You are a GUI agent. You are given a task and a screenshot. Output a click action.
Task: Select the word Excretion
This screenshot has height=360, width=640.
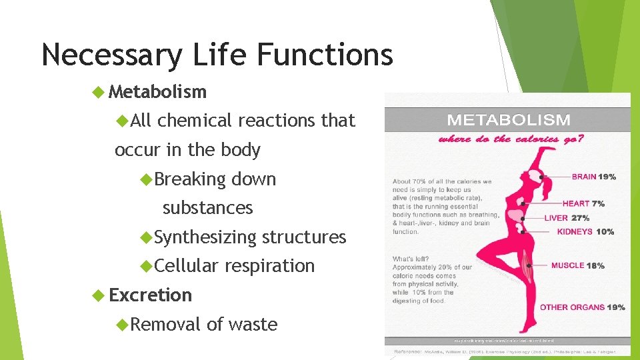(150, 295)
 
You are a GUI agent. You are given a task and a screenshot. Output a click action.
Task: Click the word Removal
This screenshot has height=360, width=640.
(166, 325)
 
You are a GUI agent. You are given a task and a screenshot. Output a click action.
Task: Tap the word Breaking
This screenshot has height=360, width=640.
(190, 179)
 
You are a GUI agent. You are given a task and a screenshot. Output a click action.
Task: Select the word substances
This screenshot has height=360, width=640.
(207, 208)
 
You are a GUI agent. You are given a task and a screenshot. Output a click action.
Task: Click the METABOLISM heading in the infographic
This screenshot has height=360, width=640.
(509, 121)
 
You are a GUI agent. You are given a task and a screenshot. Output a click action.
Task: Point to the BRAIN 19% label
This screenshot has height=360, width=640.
(593, 177)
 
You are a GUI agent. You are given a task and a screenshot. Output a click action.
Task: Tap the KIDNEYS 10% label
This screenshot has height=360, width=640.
(585, 232)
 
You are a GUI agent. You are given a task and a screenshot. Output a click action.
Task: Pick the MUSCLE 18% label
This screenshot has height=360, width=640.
(577, 265)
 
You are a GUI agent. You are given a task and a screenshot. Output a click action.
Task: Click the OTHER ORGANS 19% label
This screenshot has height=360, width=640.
(582, 307)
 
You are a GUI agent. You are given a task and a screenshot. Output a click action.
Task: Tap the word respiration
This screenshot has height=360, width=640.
(269, 266)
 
